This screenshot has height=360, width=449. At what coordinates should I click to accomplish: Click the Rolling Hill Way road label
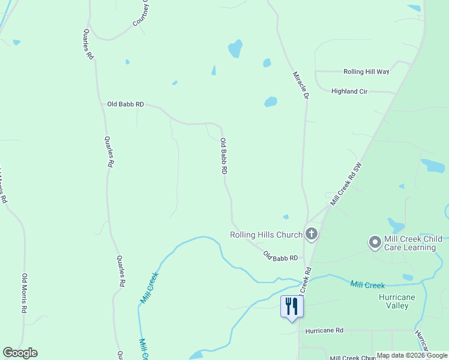(366, 71)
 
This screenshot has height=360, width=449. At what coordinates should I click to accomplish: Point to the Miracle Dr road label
(300, 85)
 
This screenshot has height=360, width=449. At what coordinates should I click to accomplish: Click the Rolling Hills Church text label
(266, 235)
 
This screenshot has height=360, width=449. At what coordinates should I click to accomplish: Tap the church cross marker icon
(311, 234)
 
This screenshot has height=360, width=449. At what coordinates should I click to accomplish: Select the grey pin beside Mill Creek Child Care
(375, 243)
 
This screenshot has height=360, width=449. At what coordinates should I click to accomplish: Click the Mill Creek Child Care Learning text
(412, 243)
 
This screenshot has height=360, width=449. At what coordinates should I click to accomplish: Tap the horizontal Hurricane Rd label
(324, 331)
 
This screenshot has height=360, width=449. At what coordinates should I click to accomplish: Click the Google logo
(20, 353)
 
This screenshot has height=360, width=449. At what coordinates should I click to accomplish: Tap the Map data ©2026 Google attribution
(412, 355)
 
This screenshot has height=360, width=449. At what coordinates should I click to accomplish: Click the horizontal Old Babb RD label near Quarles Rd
(125, 104)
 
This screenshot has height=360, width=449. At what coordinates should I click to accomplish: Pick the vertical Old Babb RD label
(223, 156)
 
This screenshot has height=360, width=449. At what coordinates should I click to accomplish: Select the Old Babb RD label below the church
(280, 256)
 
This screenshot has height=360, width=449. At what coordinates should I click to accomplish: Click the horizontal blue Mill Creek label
(367, 285)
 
